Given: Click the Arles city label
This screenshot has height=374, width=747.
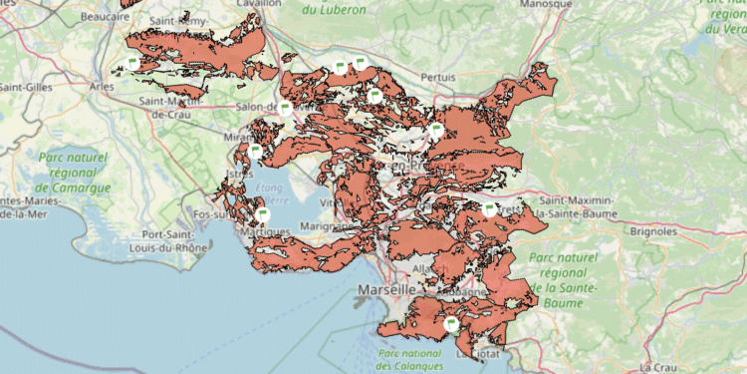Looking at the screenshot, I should coord(101,87).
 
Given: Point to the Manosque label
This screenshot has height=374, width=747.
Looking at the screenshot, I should coord(547,4).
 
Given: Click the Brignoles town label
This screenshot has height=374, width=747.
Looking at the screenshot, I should coord(653,230).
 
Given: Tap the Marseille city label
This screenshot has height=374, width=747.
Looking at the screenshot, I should coord(385,289).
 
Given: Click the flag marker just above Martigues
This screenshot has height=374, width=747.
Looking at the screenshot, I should coord(263,213).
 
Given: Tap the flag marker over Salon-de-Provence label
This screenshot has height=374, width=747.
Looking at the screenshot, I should coord(285,107).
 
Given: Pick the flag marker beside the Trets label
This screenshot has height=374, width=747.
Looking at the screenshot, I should coord(489,208).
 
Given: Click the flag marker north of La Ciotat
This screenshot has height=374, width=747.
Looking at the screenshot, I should coord(450,323).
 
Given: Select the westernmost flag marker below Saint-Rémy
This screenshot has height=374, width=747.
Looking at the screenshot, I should coord(130,64).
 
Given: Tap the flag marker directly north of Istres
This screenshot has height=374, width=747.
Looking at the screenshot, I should coord(255,152).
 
